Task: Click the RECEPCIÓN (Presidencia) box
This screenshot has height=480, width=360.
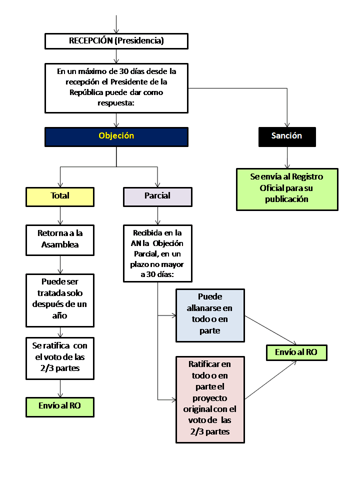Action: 116,41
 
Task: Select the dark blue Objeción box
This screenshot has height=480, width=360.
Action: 116,136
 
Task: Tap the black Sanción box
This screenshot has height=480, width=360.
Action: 287,136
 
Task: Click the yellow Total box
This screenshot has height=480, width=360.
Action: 60,196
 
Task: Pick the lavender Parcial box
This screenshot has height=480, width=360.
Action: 157,196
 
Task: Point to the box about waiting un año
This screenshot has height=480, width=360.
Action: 60,298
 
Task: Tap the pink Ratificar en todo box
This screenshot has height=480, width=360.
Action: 210,399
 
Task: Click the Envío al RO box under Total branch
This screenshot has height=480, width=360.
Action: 60,406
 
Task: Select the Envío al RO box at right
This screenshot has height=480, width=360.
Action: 296,352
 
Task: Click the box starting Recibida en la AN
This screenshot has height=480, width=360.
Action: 157,253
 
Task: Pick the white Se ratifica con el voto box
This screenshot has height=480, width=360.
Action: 60,357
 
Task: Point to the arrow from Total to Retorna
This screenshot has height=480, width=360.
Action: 60,215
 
